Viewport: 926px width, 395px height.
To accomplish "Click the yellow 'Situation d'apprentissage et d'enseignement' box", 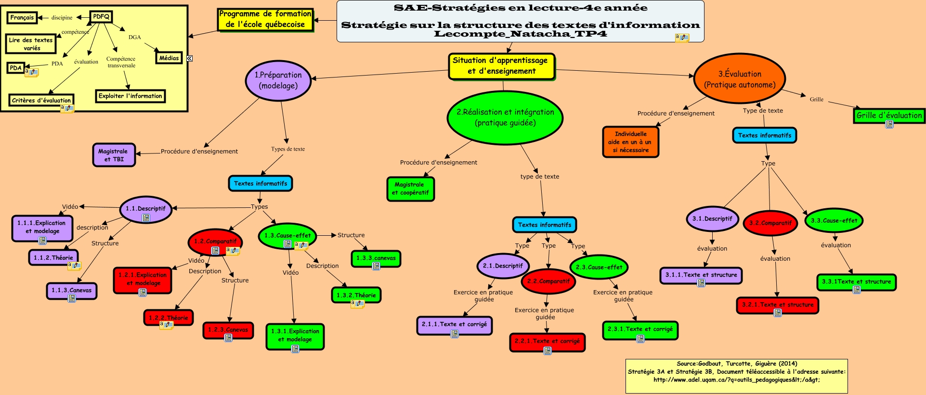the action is click(502, 66).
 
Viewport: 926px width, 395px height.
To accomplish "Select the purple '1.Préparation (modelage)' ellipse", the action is click(278, 80).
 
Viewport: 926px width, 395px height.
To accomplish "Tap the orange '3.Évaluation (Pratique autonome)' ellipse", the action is click(740, 79).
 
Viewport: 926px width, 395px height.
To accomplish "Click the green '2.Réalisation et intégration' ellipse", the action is click(505, 118).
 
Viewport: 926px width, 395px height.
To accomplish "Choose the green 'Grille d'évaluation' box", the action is click(889, 115).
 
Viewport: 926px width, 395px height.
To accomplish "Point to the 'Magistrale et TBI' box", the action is click(114, 155).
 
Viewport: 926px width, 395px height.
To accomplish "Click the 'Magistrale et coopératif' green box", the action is click(410, 189).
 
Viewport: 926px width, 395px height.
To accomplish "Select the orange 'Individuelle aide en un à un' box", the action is click(630, 142).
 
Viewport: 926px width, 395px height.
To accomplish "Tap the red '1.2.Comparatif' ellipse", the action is click(215, 242).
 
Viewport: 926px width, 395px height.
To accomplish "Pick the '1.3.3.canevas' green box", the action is click(376, 258).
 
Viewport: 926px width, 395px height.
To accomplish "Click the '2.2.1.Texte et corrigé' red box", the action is click(548, 342).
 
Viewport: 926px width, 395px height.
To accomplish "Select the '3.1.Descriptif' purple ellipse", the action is click(712, 219).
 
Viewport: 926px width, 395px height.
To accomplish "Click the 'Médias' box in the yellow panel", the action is click(169, 58).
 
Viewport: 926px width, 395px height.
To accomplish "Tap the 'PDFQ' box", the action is click(101, 17).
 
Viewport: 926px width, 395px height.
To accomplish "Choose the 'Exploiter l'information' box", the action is click(130, 96).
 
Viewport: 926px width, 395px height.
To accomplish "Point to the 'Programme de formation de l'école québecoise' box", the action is click(265, 20).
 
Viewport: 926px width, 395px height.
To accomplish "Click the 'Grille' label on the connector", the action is click(817, 100).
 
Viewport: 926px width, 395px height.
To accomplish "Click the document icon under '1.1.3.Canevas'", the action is click(72, 298).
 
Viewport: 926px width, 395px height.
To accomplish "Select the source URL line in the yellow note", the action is click(736, 380).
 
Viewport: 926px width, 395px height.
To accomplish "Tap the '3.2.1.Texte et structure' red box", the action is click(778, 306).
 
